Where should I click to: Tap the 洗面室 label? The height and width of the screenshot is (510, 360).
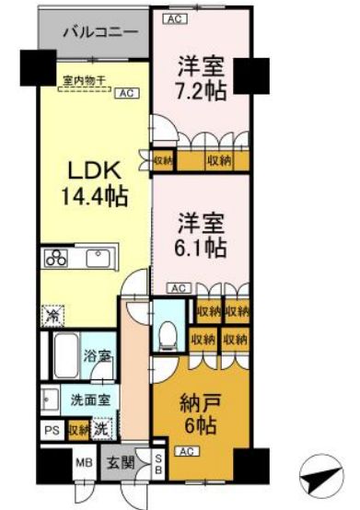click(90, 401)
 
